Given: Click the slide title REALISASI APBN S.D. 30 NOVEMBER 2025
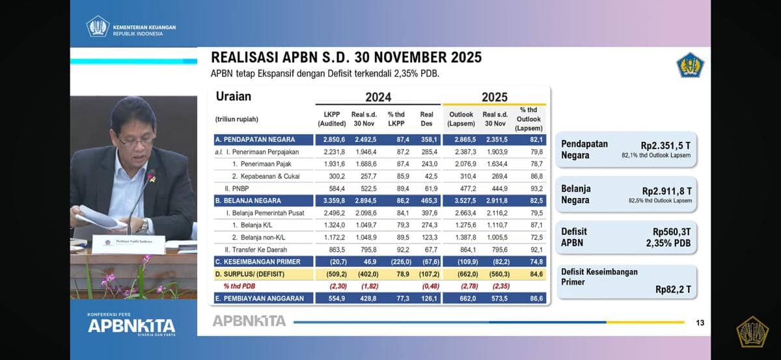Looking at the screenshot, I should (346, 57).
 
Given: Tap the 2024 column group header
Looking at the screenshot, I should (378, 97).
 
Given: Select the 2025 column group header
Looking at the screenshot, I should (494, 97).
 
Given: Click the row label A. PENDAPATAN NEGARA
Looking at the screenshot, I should (254, 139).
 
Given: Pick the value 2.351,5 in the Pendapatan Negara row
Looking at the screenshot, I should (495, 139).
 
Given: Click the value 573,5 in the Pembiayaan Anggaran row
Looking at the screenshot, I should (495, 298).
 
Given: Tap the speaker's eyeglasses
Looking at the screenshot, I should (135, 140).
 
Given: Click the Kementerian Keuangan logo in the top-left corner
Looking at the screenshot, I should (98, 27).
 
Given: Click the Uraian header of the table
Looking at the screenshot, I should (233, 97).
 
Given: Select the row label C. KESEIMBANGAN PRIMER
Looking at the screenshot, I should (258, 262).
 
